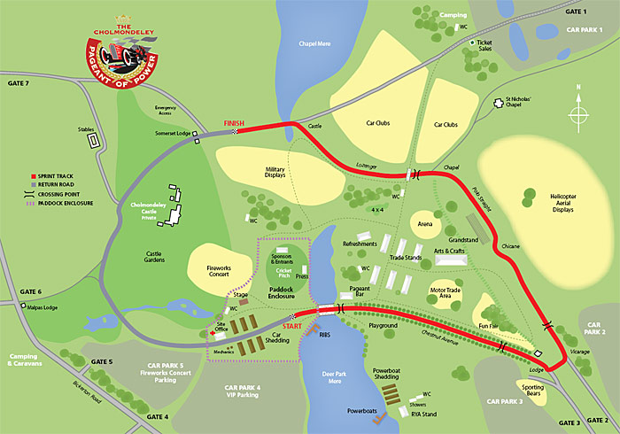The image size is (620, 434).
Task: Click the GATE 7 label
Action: click(x=17, y=82)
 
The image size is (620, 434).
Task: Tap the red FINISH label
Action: click(x=235, y=124)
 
